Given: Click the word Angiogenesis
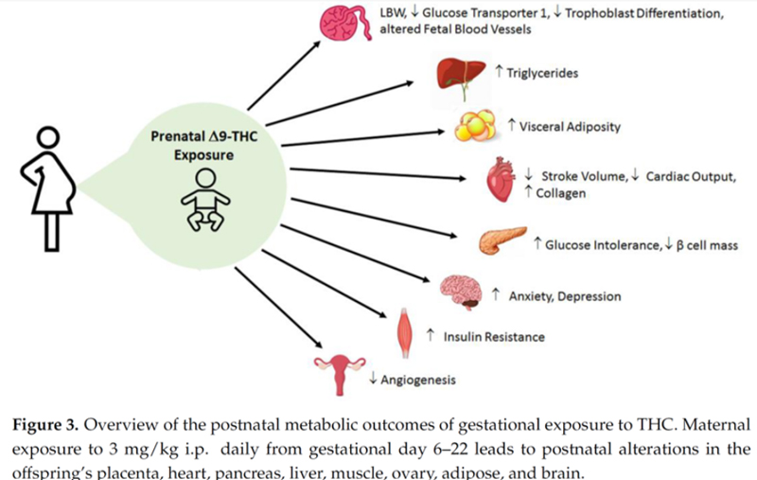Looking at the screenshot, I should pyautogui.click(x=418, y=381).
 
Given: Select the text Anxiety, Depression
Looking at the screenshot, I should pyautogui.click(x=565, y=296).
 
